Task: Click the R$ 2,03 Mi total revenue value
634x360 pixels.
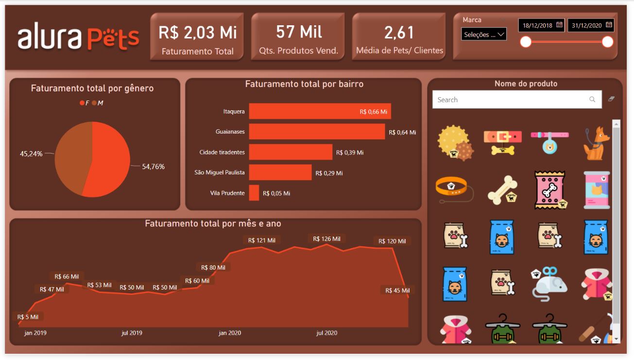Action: (x=197, y=33)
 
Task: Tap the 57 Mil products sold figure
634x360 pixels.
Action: (x=299, y=32)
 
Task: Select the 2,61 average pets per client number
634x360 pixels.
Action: (x=399, y=33)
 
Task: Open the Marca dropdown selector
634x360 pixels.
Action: (x=484, y=34)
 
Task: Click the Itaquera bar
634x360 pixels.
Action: (x=320, y=111)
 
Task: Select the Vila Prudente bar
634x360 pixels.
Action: (x=254, y=193)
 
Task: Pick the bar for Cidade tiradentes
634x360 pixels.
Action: (x=291, y=152)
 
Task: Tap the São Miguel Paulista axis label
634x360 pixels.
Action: (x=219, y=172)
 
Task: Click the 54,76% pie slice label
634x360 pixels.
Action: (x=153, y=167)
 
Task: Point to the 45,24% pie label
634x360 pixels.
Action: (x=31, y=154)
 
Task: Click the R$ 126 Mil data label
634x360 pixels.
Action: (x=326, y=239)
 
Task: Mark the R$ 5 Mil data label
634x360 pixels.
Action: (x=28, y=317)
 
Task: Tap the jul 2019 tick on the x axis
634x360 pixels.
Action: (x=131, y=333)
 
